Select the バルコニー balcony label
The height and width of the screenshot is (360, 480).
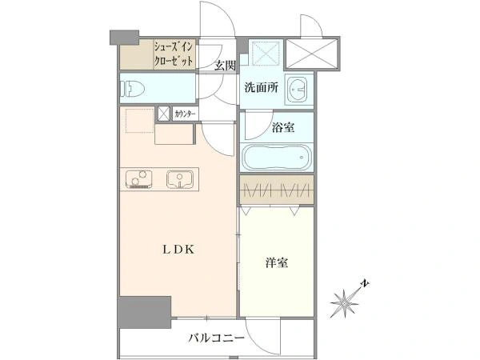click(x=216, y=338)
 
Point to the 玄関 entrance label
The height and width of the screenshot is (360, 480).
click(x=225, y=66)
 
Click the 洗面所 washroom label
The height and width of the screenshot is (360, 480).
click(x=261, y=89)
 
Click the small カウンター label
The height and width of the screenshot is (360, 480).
click(x=185, y=114)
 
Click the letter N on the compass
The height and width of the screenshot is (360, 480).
click(x=365, y=284)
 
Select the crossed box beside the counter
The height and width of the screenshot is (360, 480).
click(x=163, y=114)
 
